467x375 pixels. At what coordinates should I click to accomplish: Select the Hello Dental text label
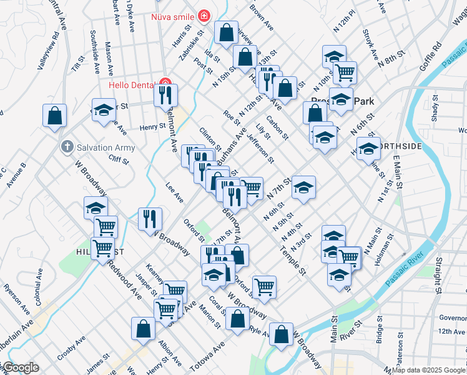point(133,84)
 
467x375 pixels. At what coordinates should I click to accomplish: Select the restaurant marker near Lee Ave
point(150,218)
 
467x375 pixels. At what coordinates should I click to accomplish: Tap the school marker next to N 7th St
point(303,187)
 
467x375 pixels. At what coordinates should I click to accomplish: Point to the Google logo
point(20,368)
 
